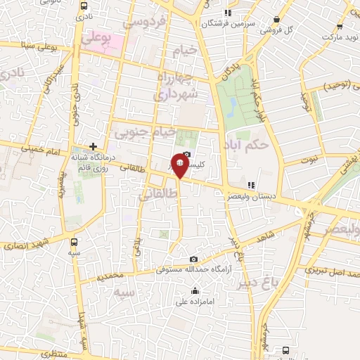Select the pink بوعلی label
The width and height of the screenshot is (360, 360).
coord(97,40)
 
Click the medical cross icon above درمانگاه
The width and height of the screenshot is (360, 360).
coord(93,146)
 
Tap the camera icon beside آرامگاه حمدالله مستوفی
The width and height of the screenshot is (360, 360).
coord(194,259)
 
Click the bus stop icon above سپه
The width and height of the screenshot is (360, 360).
coord(75,238)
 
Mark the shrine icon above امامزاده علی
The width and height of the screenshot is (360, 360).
coord(195,291)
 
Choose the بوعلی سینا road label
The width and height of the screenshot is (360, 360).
coord(39,46)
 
